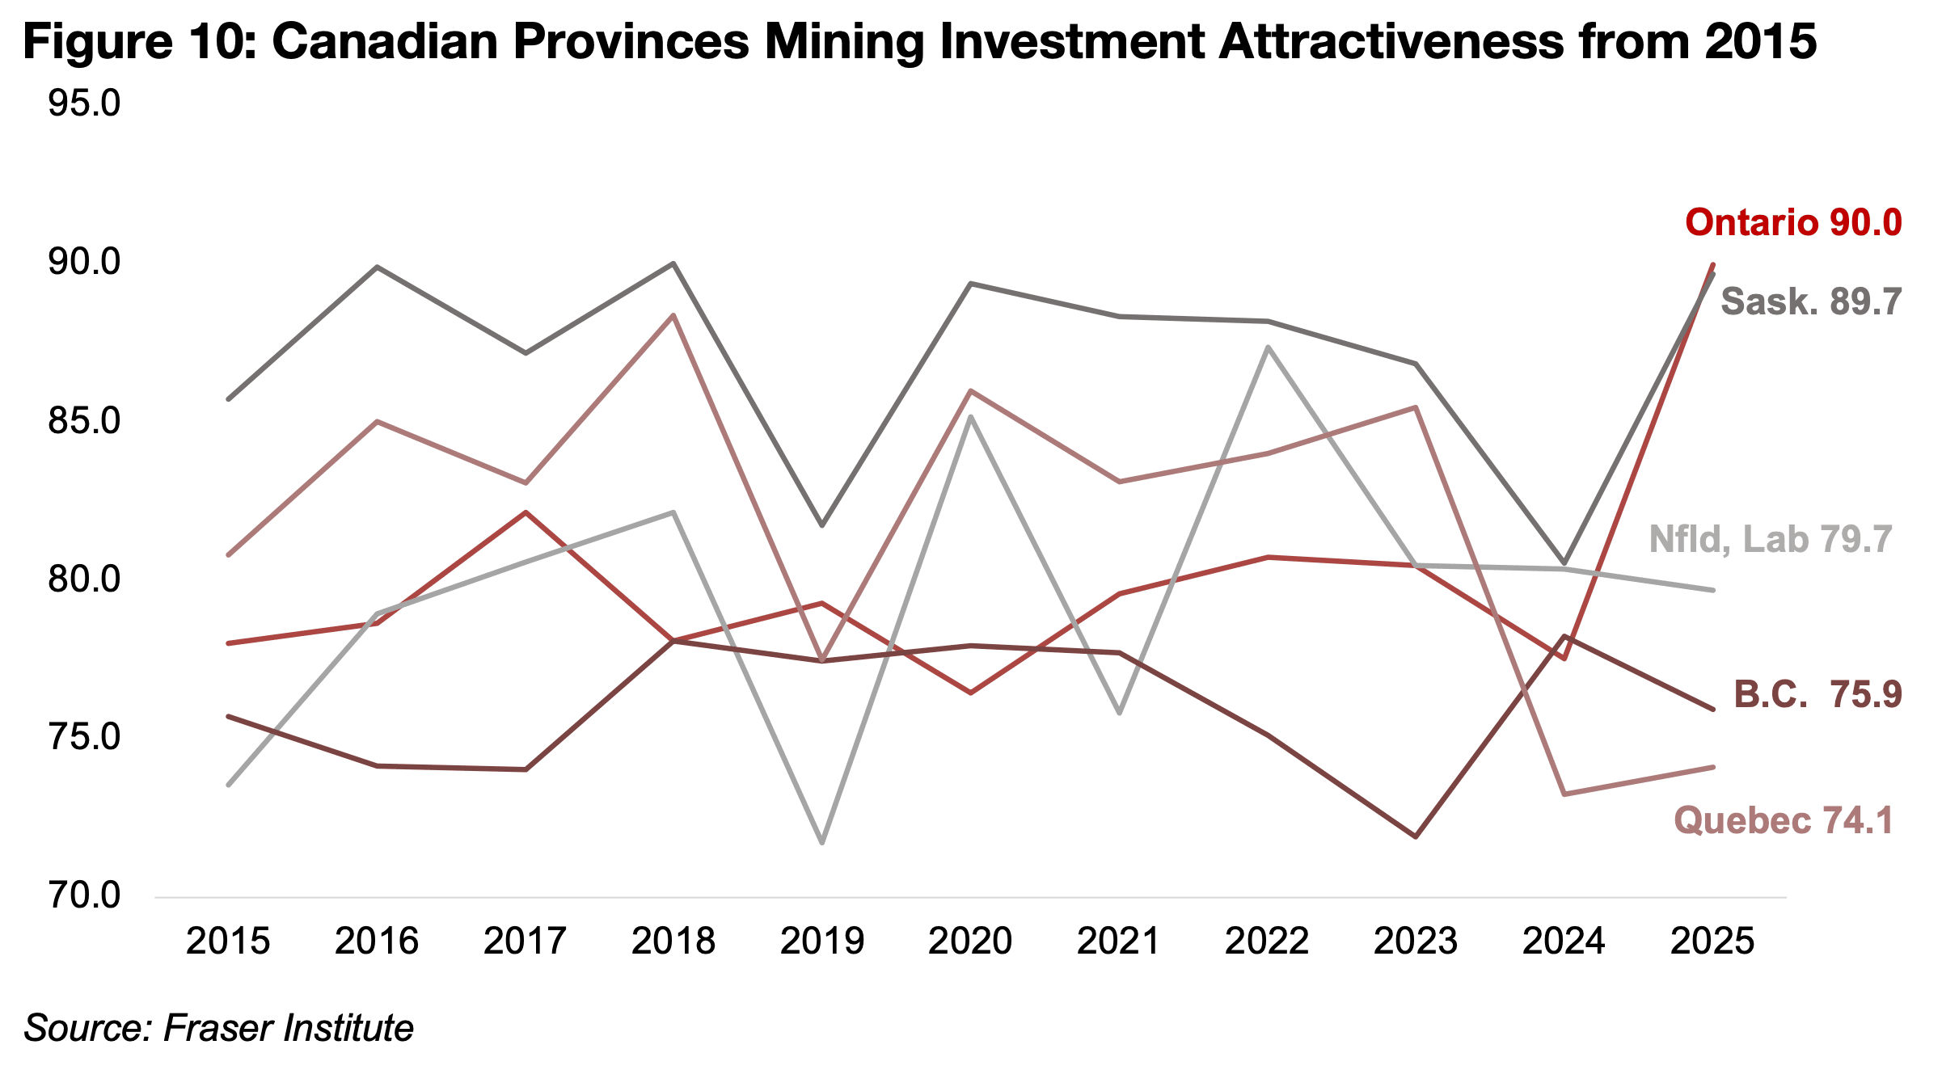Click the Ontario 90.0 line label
pos(1793,222)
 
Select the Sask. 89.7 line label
pos(1811,301)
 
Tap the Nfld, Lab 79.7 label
pos(1771,539)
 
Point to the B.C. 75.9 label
pos(1817,694)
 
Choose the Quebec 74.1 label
pos(1784,820)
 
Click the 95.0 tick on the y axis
pos(84,103)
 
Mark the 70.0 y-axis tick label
pos(84,895)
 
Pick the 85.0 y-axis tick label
pos(84,420)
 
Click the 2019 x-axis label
pos(822,942)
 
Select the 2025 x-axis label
pos(1712,942)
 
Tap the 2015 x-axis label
pos(228,942)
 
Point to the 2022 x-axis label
pos(1267,942)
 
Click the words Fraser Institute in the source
pos(289,1028)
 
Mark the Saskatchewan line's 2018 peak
pos(673,263)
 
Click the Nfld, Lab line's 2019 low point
pos(822,843)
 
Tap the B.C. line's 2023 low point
pos(1416,836)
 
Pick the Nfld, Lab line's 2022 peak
pos(1268,348)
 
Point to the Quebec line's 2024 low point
pos(1564,794)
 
